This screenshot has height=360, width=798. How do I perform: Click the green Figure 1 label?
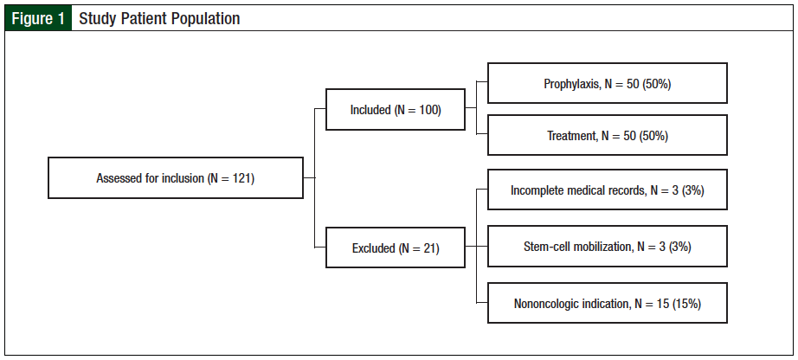[x=36, y=18]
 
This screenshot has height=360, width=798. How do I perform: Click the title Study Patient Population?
[x=159, y=18]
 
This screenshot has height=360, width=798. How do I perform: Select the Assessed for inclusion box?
[x=175, y=179]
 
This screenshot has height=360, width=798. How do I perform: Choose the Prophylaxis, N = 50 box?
[x=607, y=84]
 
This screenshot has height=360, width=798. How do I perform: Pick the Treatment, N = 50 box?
[x=607, y=136]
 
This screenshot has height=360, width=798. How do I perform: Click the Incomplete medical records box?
[x=607, y=190]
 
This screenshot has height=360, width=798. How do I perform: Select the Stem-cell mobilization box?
[x=607, y=247]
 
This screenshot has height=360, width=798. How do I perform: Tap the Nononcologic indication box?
[x=607, y=304]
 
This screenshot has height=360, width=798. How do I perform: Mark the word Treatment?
[x=571, y=136]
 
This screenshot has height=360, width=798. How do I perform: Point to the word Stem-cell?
[x=545, y=247]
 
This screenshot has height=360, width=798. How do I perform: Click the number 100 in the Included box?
[x=429, y=110]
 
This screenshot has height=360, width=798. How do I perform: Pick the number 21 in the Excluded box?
[x=428, y=248]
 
